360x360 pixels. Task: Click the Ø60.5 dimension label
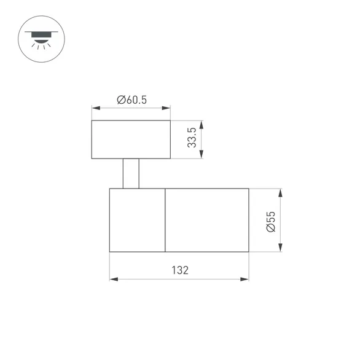(131, 100)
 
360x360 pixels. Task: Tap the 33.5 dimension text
(192, 138)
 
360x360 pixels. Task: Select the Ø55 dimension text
(271, 222)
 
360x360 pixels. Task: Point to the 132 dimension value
(180, 270)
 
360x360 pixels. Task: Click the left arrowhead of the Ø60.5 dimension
(96, 108)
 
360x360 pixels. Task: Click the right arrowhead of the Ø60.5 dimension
(166, 108)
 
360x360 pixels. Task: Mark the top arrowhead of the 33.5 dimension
(202, 125)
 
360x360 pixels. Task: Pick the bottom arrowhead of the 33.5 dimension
(202, 154)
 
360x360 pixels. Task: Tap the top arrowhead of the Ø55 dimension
(280, 193)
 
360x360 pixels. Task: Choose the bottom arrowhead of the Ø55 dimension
(280, 248)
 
